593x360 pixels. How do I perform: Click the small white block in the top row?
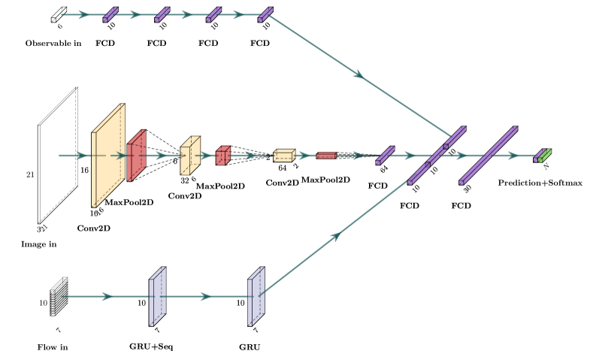[59, 14]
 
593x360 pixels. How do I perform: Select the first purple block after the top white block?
[110, 14]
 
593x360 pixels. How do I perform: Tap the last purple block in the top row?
[265, 14]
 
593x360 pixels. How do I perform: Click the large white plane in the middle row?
[58, 155]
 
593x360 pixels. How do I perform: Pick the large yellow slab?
[107, 156]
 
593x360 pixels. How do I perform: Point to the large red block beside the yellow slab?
[136, 156]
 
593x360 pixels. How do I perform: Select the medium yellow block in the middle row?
[190, 156]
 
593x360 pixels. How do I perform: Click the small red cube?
[222, 156]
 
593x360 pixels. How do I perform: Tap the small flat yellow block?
[284, 156]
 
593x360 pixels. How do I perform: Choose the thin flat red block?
[325, 156]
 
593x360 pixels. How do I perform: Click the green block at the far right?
[546, 156]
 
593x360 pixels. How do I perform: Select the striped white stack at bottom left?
[59, 296]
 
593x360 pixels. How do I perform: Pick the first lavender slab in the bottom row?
[157, 296]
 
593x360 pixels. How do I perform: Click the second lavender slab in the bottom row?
[256, 296]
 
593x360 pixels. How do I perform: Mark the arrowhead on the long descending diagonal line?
[359, 74]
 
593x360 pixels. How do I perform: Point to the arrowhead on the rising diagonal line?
[335, 237]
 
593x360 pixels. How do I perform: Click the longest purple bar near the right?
[489, 155]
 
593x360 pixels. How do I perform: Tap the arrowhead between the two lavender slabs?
[206, 296]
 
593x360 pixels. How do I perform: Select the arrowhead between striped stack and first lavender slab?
[107, 296]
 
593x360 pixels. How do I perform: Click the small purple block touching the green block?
[538, 156]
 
